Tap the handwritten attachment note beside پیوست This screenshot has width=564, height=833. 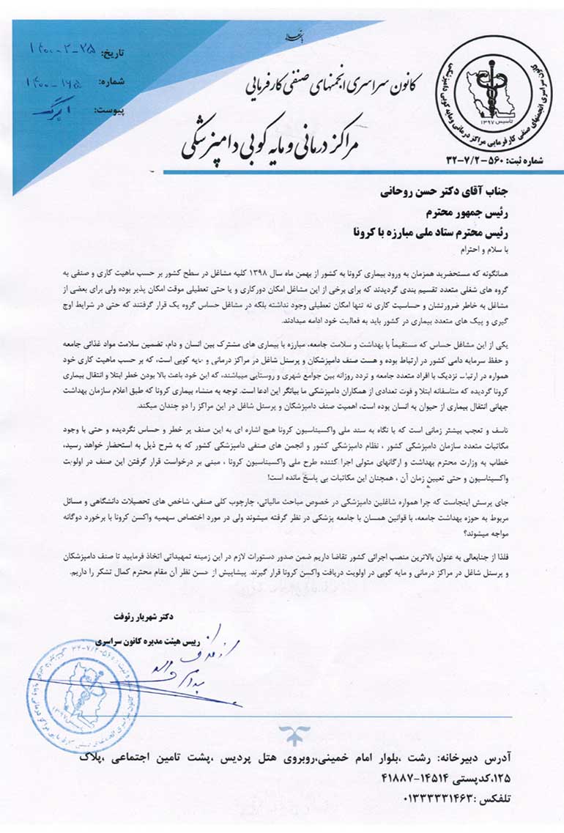click(54, 109)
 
